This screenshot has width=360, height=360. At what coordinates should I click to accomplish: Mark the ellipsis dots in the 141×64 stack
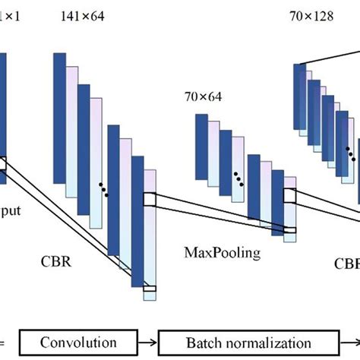click(x=103, y=188)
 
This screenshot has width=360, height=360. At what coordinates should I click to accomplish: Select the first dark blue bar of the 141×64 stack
click(x=60, y=95)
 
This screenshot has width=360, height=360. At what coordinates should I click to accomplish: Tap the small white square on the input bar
click(x=2, y=164)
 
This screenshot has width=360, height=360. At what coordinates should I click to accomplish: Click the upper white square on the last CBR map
click(x=149, y=199)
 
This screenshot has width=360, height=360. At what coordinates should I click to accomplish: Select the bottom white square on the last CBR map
click(x=149, y=288)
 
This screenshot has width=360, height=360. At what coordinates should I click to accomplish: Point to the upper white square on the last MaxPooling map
click(x=289, y=195)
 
